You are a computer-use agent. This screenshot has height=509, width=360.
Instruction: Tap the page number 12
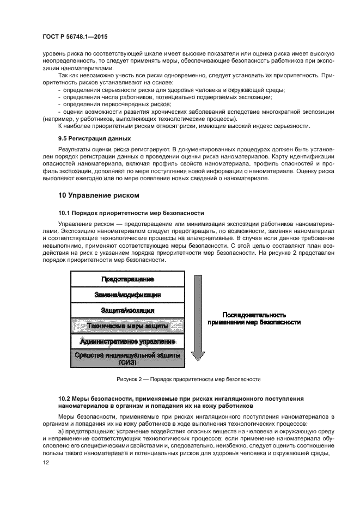pyautogui.click(x=46, y=462)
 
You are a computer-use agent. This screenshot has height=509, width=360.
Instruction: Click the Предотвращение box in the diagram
pyautogui.click(x=127, y=279)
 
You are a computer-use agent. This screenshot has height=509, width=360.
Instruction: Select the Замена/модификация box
pyautogui.click(x=127, y=295)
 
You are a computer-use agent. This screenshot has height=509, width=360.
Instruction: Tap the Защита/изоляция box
pyautogui.click(x=127, y=310)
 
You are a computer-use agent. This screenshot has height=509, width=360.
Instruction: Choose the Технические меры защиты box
pyautogui.click(x=127, y=326)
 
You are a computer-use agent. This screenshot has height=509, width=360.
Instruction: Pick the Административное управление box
pyautogui.click(x=127, y=341)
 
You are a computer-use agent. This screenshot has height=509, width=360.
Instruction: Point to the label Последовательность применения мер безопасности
pyautogui.click(x=254, y=318)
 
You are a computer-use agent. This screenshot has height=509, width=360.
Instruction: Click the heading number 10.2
pyautogui.click(x=65, y=399)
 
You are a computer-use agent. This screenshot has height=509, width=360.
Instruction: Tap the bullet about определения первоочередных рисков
pyautogui.click(x=117, y=104)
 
